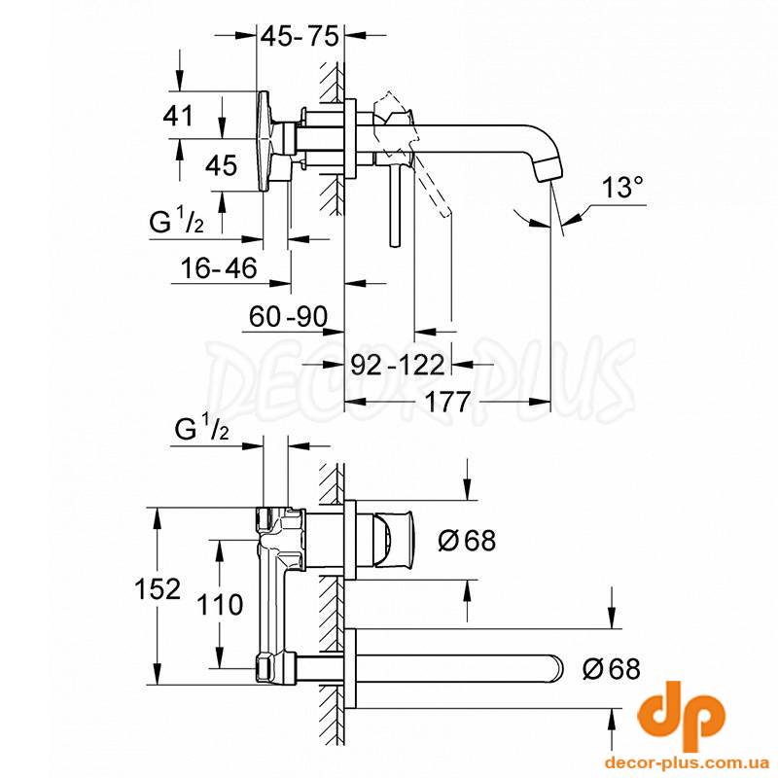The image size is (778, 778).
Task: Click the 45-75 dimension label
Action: click(300, 36)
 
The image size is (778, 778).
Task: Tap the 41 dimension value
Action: click(178, 117)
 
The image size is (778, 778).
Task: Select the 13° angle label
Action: click(622, 188)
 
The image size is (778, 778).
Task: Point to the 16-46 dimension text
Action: click(220, 268)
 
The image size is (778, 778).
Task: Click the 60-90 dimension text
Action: click(288, 317)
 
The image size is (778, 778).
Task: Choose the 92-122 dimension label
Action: click(398, 366)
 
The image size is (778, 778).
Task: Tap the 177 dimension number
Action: click(447, 402)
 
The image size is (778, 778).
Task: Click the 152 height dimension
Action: click(158, 589)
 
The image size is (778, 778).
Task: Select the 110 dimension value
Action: click(220, 605)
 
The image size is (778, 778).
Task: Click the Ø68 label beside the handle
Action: click(467, 540)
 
